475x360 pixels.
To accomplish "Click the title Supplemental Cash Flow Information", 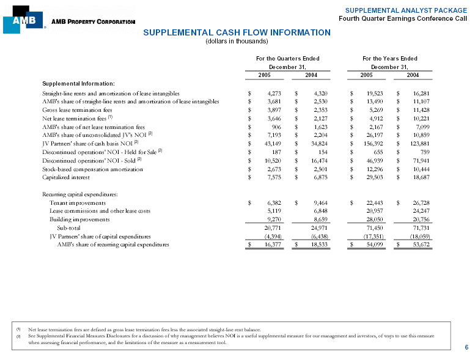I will [x=237, y=32].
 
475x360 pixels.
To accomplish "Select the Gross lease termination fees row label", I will [x=77, y=109].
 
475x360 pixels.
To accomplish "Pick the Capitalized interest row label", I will [x=65, y=177].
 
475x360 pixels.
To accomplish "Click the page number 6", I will [x=466, y=347].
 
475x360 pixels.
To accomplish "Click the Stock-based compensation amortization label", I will [x=92, y=169].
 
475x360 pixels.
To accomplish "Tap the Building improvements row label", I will [x=79, y=219].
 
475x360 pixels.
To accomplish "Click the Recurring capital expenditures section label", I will [x=79, y=194].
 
